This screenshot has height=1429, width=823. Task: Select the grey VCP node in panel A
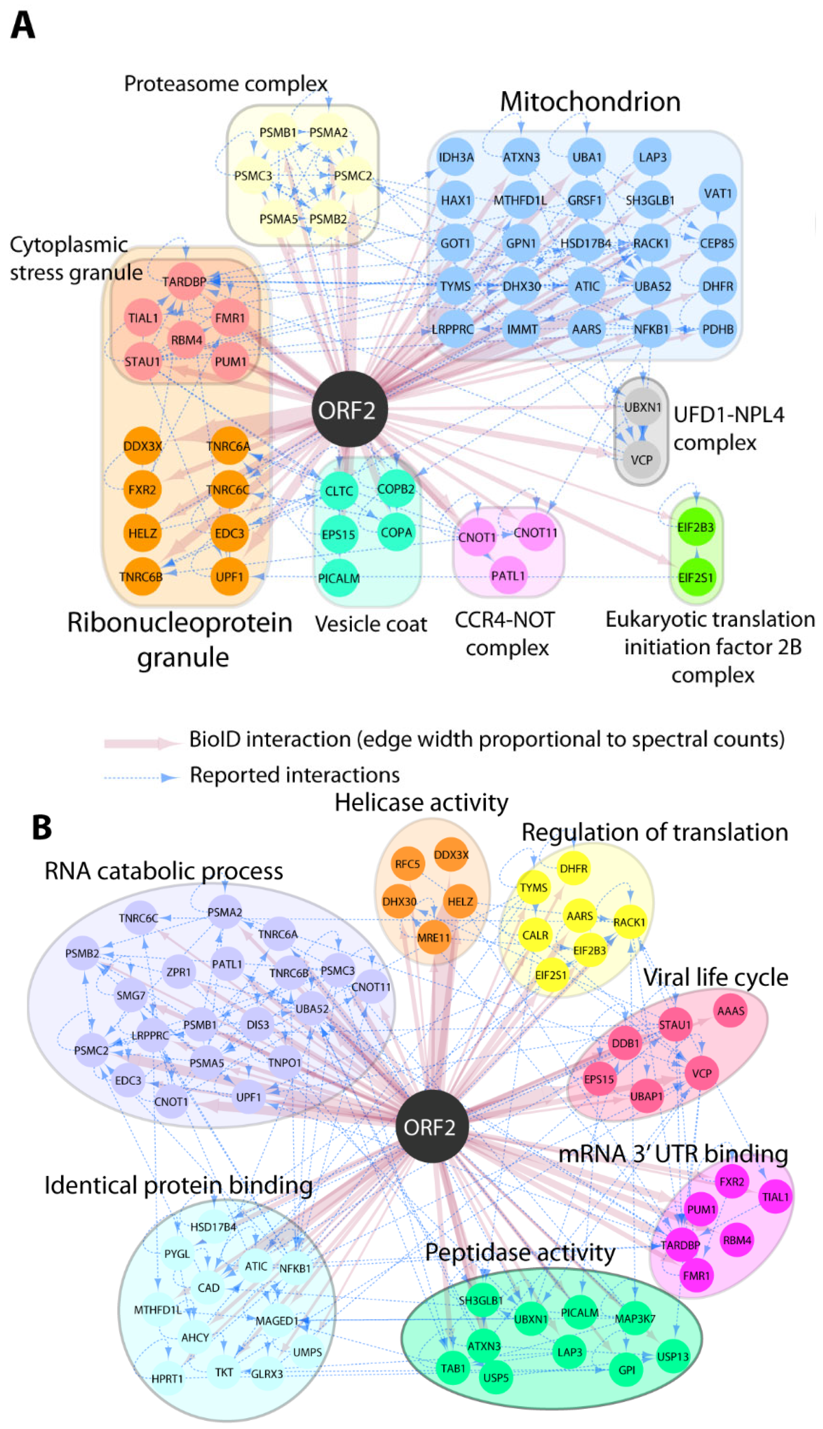pyautogui.click(x=641, y=460)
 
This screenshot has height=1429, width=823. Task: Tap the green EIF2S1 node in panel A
pyautogui.click(x=696, y=577)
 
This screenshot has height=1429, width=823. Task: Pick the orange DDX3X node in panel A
pyautogui.click(x=142, y=446)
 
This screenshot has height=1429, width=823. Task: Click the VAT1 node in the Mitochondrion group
pyautogui.click(x=717, y=194)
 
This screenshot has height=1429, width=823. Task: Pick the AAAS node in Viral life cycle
pyautogui.click(x=730, y=1011)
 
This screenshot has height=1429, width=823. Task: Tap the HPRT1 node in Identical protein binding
pyautogui.click(x=167, y=1378)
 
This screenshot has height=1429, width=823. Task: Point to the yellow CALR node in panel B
pyautogui.click(x=535, y=935)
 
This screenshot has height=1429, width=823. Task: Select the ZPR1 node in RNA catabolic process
pyautogui.click(x=179, y=971)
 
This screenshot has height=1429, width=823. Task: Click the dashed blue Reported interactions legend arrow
pyautogui.click(x=141, y=777)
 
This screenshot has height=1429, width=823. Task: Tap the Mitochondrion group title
pyautogui.click(x=590, y=102)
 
